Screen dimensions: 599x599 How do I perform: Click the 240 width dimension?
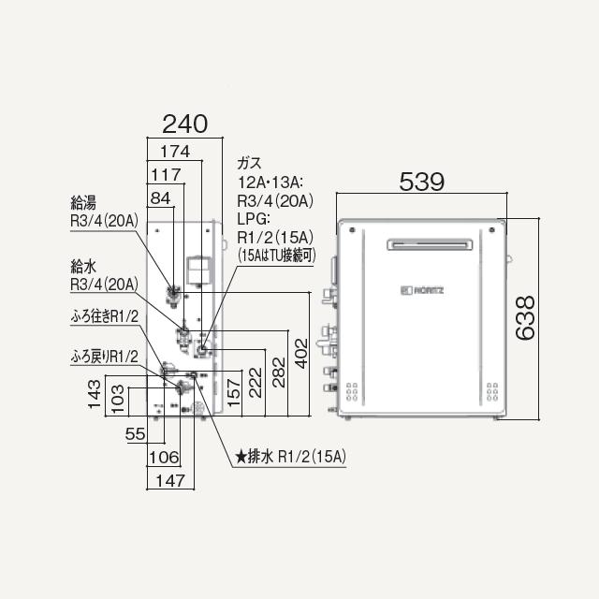(x=185, y=124)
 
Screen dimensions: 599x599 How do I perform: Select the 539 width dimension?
(x=422, y=182)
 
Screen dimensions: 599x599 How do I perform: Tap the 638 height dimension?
(x=525, y=318)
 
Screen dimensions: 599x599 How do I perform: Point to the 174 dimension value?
(x=175, y=152)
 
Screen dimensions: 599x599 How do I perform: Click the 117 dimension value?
(x=166, y=175)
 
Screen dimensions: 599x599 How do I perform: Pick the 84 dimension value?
(x=160, y=198)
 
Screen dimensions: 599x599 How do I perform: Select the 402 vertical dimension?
(x=301, y=354)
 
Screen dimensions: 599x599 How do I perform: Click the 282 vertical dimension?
(x=279, y=373)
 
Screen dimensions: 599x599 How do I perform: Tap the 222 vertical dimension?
(x=256, y=383)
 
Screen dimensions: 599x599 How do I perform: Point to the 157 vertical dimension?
(x=233, y=392)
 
